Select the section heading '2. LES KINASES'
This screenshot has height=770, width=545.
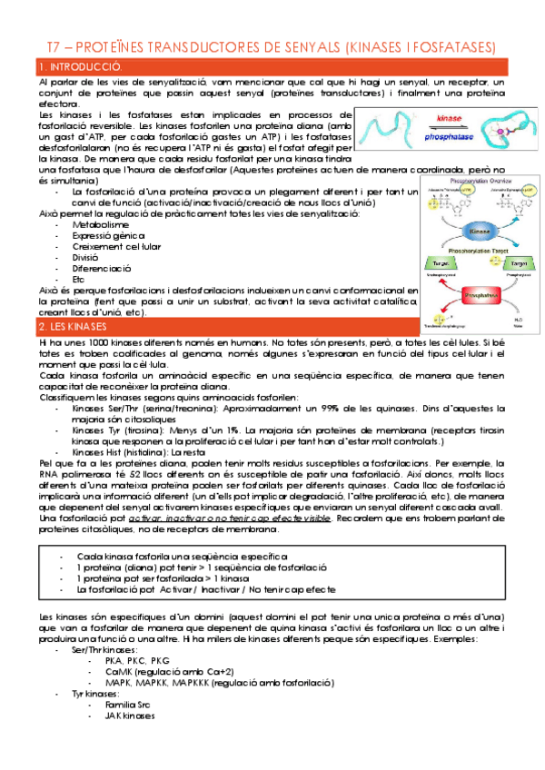[74, 326]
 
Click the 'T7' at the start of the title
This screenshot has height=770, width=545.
[54, 47]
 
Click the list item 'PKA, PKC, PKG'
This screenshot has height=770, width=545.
[137, 660]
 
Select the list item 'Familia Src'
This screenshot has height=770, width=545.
[129, 704]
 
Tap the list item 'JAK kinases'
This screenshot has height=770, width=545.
[130, 715]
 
